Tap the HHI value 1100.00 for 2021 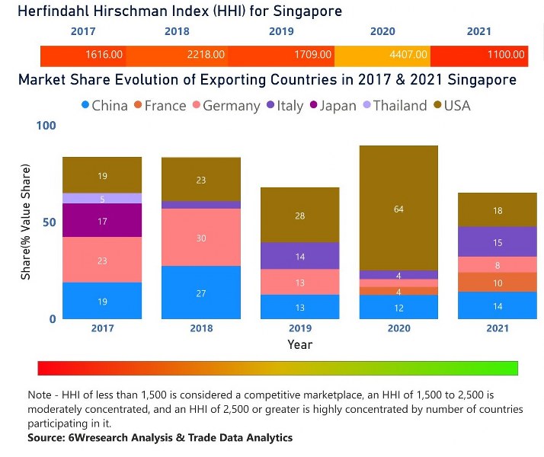click(x=507, y=55)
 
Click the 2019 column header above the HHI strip click(x=281, y=32)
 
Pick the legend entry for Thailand click(x=394, y=106)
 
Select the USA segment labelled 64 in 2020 click(x=398, y=208)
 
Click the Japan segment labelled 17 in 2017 click(x=102, y=220)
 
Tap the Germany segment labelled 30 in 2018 click(x=201, y=238)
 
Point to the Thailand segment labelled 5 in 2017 click(x=102, y=198)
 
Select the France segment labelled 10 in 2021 click(x=498, y=283)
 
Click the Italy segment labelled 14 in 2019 click(x=299, y=256)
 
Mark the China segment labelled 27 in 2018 click(x=201, y=292)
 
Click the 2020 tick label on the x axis click(x=398, y=328)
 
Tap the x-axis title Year click(x=299, y=345)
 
